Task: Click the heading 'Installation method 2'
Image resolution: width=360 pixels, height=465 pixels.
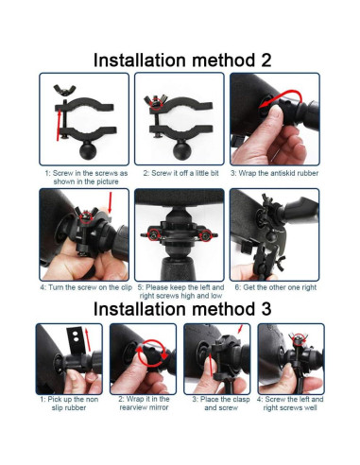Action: point(182,60)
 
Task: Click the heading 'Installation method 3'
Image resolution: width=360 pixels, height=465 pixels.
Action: point(182,309)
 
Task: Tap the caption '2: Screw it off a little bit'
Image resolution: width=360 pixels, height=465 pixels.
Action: point(180,173)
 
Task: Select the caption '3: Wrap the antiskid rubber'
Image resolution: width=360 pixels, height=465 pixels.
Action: point(274,173)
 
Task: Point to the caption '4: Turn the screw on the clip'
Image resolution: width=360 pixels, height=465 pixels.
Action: point(86,287)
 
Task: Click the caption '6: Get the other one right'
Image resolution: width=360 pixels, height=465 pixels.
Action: point(275,287)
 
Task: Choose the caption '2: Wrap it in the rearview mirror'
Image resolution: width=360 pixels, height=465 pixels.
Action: point(144,404)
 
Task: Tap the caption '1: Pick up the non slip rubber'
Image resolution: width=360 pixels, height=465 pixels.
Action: point(69,404)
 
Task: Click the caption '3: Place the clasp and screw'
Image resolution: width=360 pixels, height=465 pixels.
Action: point(221,404)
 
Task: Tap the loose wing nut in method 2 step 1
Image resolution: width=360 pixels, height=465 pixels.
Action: point(65,90)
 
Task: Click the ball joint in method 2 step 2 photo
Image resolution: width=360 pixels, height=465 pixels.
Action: point(182,150)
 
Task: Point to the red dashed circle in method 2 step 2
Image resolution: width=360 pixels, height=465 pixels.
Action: point(155,103)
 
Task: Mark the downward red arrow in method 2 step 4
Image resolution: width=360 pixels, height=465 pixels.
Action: point(110,202)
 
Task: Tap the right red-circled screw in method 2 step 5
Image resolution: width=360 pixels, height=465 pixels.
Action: point(206,235)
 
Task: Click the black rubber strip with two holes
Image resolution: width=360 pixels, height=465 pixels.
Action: point(76,340)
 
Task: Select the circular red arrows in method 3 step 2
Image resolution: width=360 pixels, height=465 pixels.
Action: point(152,353)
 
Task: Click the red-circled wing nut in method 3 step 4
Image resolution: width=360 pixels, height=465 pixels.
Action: point(298,339)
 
